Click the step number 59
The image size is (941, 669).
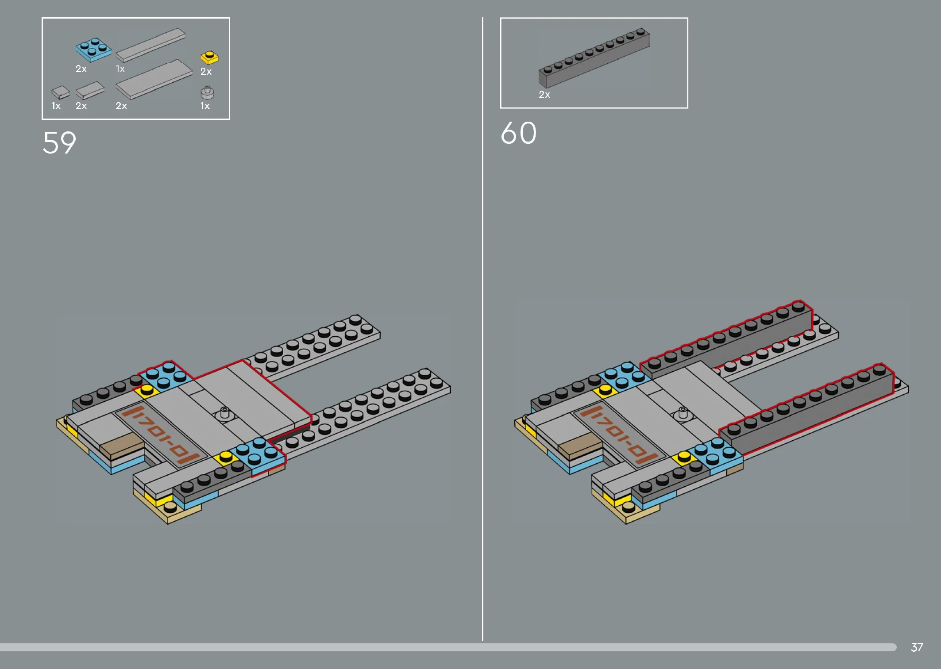[x=59, y=142]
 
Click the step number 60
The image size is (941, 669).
[x=519, y=133]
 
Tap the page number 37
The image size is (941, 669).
[x=917, y=647]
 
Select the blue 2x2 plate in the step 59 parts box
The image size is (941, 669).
[x=93, y=49]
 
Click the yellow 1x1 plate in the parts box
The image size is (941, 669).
[x=209, y=58]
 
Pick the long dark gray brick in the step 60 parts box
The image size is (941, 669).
[x=594, y=58]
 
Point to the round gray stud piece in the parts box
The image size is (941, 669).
[x=207, y=92]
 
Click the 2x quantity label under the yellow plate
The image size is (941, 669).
[x=206, y=71]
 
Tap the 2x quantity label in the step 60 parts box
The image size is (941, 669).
[x=544, y=94]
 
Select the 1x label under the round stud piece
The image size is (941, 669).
[x=205, y=106]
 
